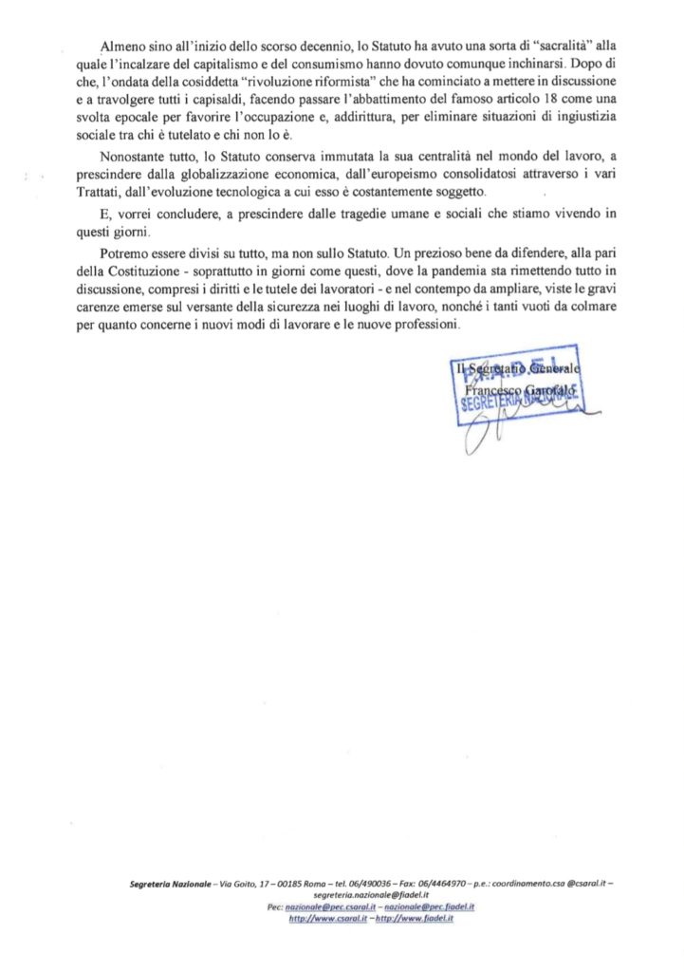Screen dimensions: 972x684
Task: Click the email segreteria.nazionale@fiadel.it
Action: pyautogui.click(x=371, y=895)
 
